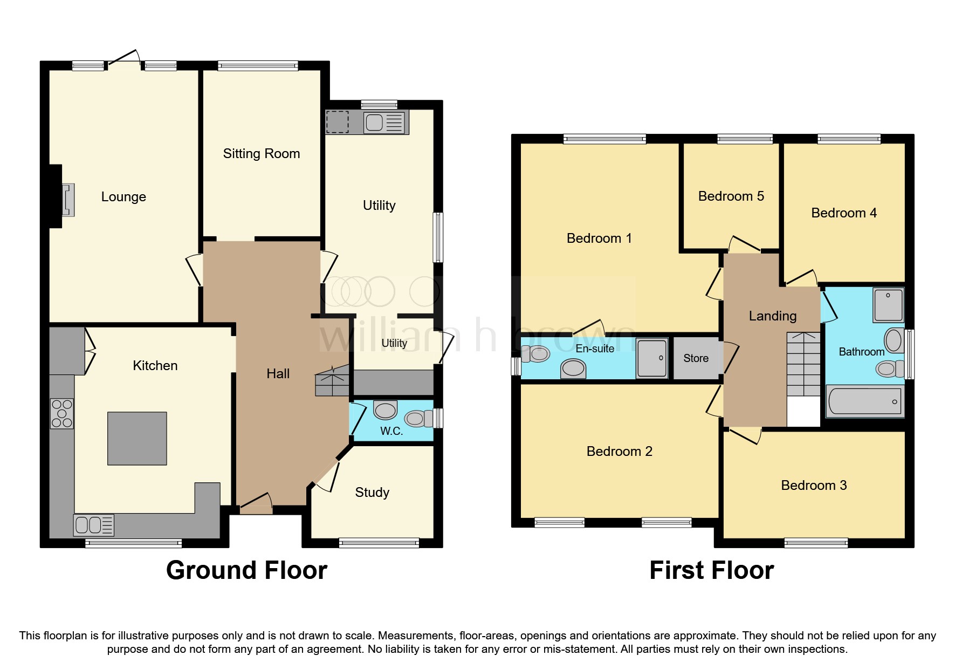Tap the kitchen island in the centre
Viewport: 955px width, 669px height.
[x=137, y=438]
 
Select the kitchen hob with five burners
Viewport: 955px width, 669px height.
[x=62, y=413]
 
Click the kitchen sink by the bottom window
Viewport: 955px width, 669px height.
[x=94, y=525]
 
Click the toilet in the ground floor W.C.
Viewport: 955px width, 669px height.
[x=417, y=418]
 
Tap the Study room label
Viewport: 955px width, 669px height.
[x=372, y=492]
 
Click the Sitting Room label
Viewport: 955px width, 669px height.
[x=262, y=154]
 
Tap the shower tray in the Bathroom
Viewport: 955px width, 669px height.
[x=888, y=305]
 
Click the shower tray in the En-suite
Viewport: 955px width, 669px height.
[x=652, y=358]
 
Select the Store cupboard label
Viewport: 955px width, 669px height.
[x=696, y=358]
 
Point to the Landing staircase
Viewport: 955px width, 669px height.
[x=803, y=365]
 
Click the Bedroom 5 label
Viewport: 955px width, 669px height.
[x=731, y=196]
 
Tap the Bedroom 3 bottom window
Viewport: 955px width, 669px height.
[x=816, y=543]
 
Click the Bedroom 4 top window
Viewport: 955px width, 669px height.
[x=849, y=139]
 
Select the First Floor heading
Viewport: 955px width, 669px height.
[x=711, y=570]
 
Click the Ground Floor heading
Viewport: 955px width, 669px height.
[x=246, y=570]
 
